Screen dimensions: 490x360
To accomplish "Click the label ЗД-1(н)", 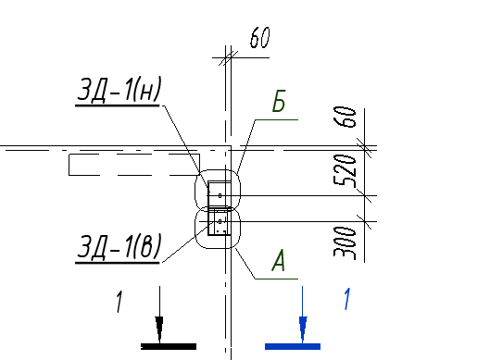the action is click(119, 89).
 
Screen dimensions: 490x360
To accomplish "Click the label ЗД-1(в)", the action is click(119, 246).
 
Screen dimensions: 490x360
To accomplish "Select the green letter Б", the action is click(279, 101).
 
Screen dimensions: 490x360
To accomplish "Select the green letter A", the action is click(279, 260).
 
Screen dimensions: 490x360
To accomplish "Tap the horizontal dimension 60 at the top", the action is click(260, 37).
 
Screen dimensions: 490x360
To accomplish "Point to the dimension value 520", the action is click(345, 170).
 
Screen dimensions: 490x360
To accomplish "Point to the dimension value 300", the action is click(345, 242).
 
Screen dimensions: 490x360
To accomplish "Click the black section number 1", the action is click(119, 302).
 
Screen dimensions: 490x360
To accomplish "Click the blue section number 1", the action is click(347, 299).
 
